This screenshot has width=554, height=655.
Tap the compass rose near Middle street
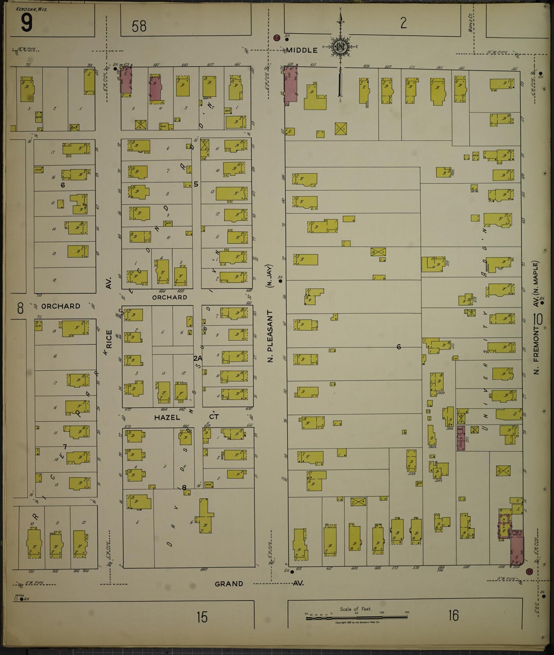click(x=340, y=47)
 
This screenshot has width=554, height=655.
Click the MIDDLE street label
click(x=302, y=50)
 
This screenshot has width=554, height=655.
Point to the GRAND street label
click(x=229, y=584)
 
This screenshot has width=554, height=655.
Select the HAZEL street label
click(x=167, y=417)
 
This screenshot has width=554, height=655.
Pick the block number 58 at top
click(x=139, y=26)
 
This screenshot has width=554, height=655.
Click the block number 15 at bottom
click(x=202, y=617)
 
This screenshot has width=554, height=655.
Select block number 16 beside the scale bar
click(x=453, y=615)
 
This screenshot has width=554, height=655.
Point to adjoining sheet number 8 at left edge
click(x=20, y=308)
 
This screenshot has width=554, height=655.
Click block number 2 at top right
click(x=403, y=23)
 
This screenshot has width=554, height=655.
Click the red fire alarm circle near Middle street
click(x=276, y=38)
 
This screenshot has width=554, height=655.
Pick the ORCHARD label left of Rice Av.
click(x=61, y=306)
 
